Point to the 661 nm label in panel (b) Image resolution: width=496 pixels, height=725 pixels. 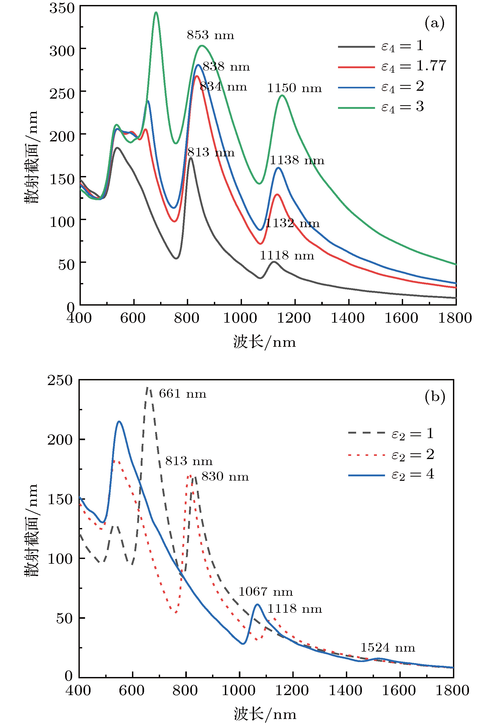tap(182, 394)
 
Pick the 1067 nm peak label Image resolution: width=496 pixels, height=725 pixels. tap(265, 591)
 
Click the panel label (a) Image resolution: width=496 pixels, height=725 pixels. tap(434, 23)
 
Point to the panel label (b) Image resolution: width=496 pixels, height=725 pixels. tap(435, 397)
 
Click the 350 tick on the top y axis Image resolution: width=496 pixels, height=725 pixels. tap(62, 8)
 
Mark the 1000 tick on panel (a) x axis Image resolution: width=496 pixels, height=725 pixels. tap(240, 318)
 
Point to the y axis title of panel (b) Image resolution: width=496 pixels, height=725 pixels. tap(31, 530)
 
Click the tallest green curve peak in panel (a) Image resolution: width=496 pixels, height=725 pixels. tap(156, 13)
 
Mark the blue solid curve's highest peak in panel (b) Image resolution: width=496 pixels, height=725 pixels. tap(119, 422)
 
